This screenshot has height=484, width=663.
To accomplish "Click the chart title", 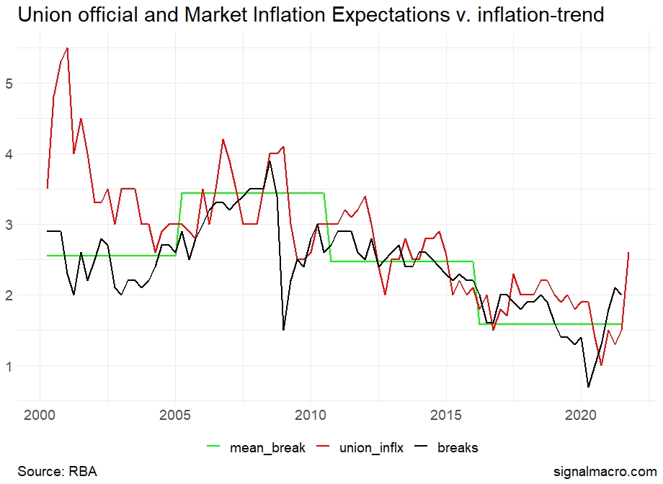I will coord(310,14).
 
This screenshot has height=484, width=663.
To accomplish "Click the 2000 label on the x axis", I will coord(40,416).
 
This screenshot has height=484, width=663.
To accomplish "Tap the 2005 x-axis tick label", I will coord(175,416).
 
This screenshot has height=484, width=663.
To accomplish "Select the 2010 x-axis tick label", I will coord(311,416).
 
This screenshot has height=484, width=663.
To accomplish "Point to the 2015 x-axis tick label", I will coord(445,416).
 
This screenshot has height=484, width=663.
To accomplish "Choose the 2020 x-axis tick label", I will coord(580,416).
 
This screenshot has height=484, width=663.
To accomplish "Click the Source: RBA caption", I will coord(57,472).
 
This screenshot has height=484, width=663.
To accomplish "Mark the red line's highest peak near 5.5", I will coord(67,48).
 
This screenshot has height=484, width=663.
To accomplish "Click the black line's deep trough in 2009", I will coord(283,329).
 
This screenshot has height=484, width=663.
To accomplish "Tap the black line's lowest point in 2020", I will coord(588,387).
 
